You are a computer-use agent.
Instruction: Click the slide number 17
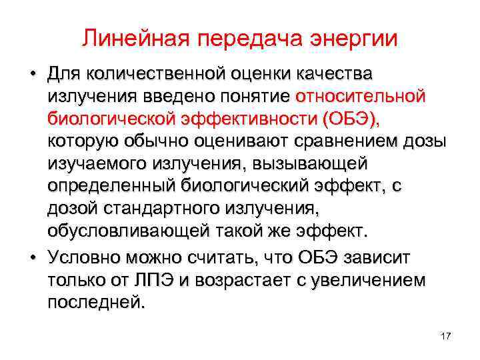446,336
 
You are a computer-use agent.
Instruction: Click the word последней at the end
95,304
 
